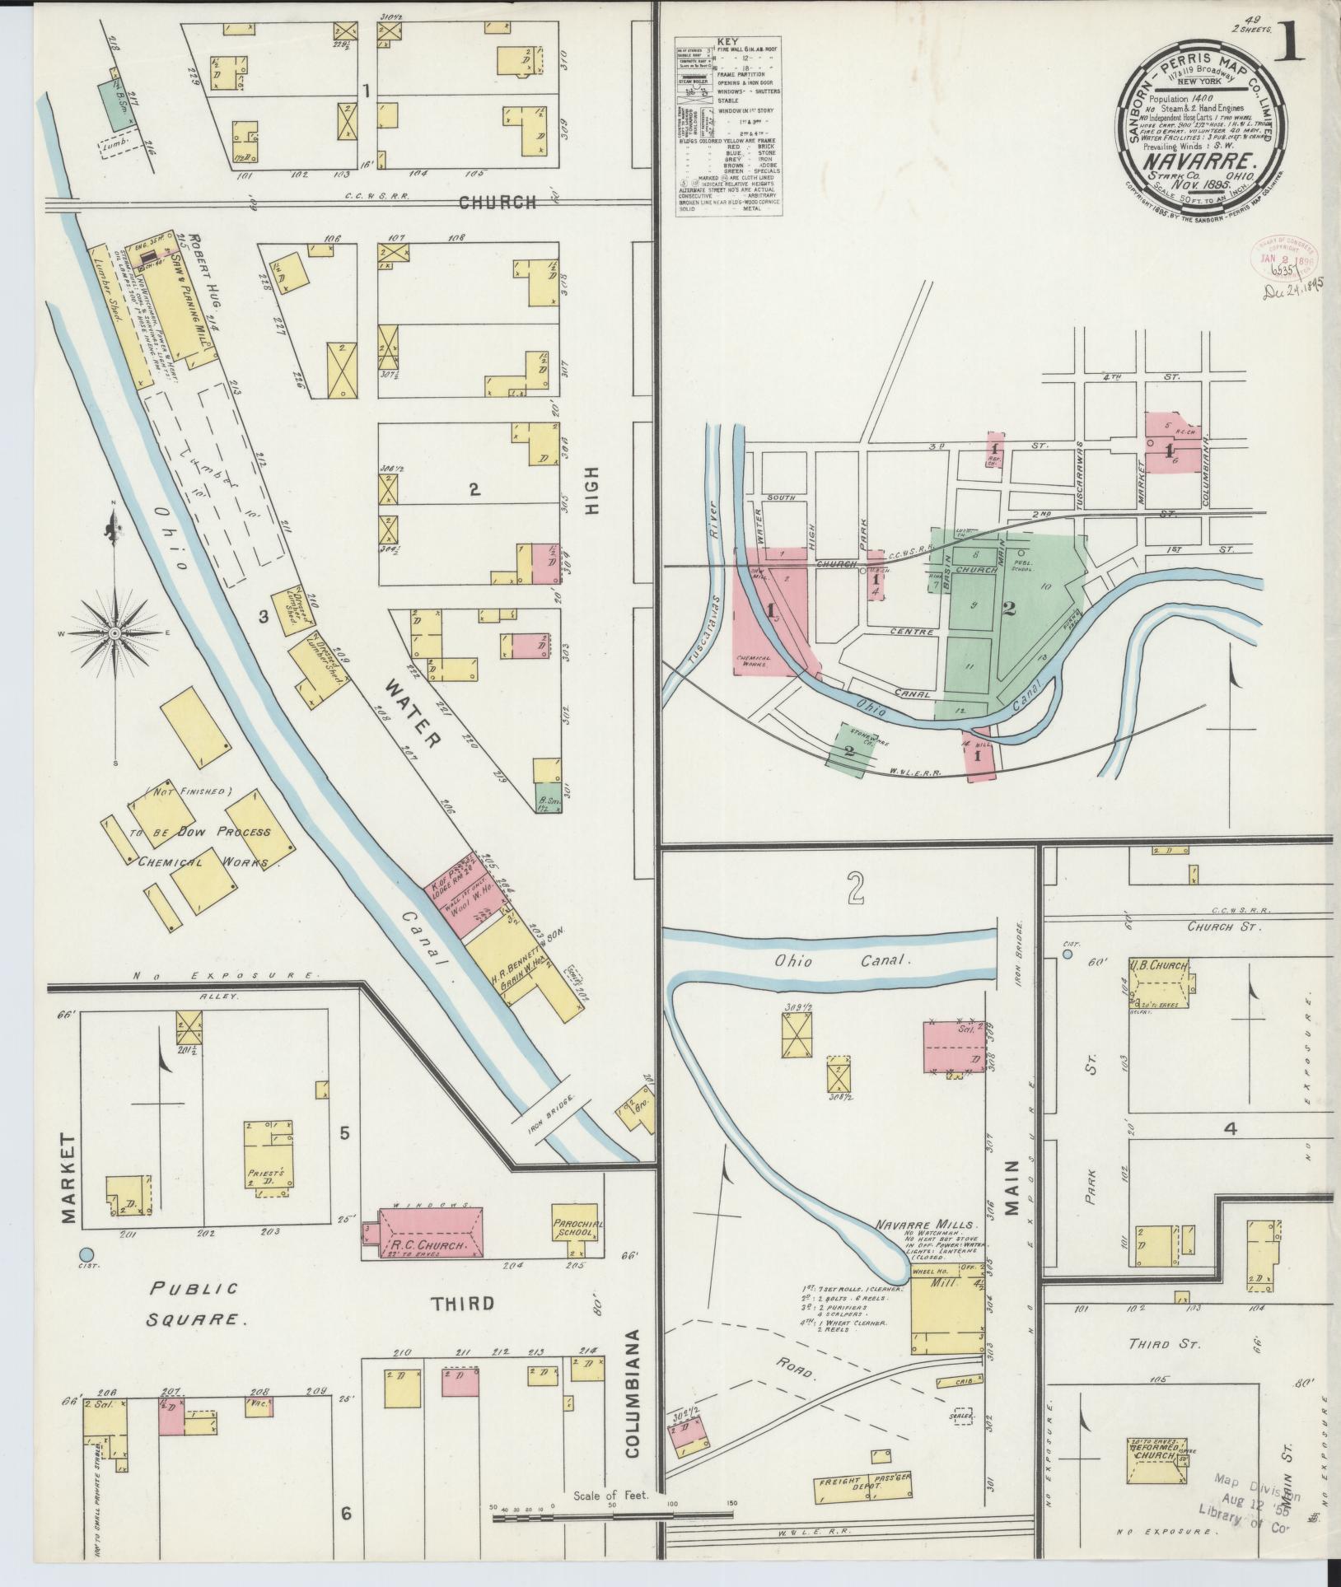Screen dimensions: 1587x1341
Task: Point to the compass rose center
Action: (114, 632)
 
